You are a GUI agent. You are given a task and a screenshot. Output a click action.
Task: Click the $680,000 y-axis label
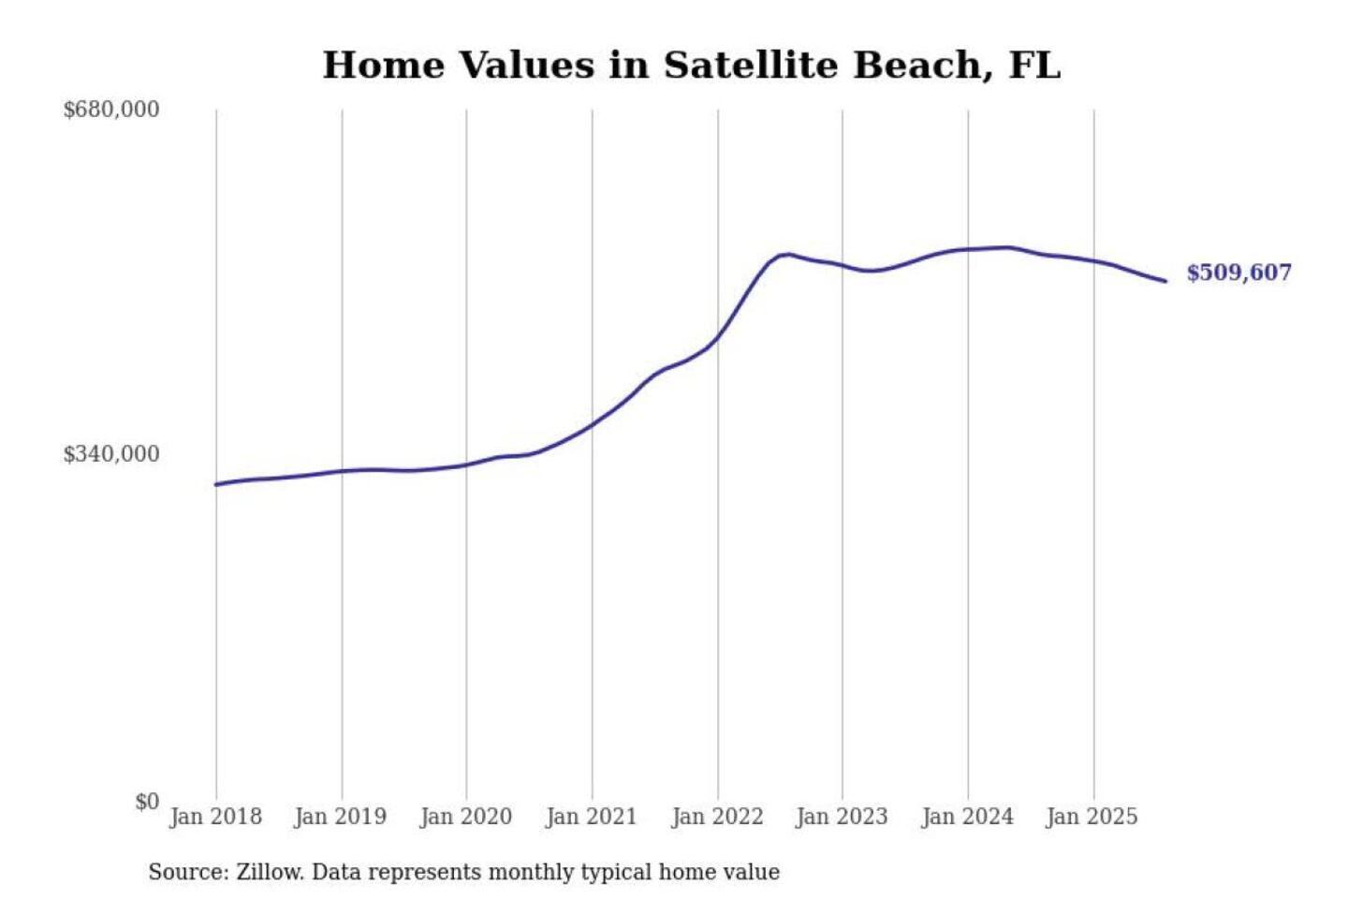click(x=110, y=110)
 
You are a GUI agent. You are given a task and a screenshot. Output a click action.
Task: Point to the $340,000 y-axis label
click(x=110, y=454)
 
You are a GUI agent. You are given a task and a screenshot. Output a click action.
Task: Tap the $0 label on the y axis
click(x=147, y=802)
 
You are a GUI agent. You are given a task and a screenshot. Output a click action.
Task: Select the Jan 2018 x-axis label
click(x=215, y=817)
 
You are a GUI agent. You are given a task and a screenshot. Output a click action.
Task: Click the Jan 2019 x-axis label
click(x=340, y=817)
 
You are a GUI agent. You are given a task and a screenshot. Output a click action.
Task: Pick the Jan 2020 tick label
click(x=465, y=817)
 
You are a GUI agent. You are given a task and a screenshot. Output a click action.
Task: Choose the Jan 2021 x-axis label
click(x=591, y=817)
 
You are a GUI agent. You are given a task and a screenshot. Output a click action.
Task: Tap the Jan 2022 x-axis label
click(x=717, y=817)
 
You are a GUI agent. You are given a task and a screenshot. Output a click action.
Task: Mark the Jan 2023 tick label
click(x=842, y=817)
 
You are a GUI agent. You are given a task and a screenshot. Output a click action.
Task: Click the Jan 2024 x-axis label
click(x=967, y=817)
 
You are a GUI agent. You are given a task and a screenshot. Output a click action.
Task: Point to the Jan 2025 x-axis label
click(x=1092, y=817)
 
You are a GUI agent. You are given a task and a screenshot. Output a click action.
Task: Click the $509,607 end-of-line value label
click(x=1238, y=273)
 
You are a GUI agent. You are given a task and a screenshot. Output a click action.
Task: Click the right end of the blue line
click(x=1165, y=281)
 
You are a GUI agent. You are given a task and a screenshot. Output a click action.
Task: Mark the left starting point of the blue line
click(x=216, y=484)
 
